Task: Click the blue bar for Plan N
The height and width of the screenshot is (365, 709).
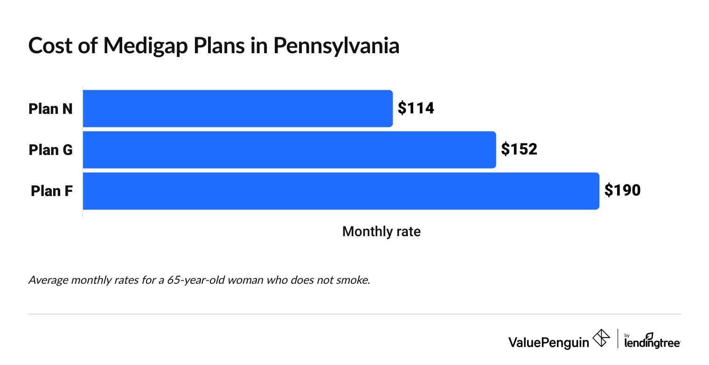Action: (x=237, y=108)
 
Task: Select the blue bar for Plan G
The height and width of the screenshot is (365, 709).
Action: (x=289, y=149)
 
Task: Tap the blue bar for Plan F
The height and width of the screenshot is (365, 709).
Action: (x=341, y=191)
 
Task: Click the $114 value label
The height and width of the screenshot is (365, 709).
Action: (x=416, y=108)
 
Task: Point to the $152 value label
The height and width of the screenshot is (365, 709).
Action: (x=519, y=149)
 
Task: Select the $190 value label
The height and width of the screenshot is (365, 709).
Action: (x=622, y=191)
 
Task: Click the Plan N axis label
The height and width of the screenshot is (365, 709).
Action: (x=50, y=109)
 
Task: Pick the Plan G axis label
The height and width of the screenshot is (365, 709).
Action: (x=50, y=150)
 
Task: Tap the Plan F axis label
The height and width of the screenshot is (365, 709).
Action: (x=51, y=191)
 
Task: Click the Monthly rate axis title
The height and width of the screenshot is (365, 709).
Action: (x=381, y=232)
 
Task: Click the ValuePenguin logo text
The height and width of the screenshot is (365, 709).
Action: (x=549, y=342)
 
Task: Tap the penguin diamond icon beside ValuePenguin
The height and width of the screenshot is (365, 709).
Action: (x=601, y=338)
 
